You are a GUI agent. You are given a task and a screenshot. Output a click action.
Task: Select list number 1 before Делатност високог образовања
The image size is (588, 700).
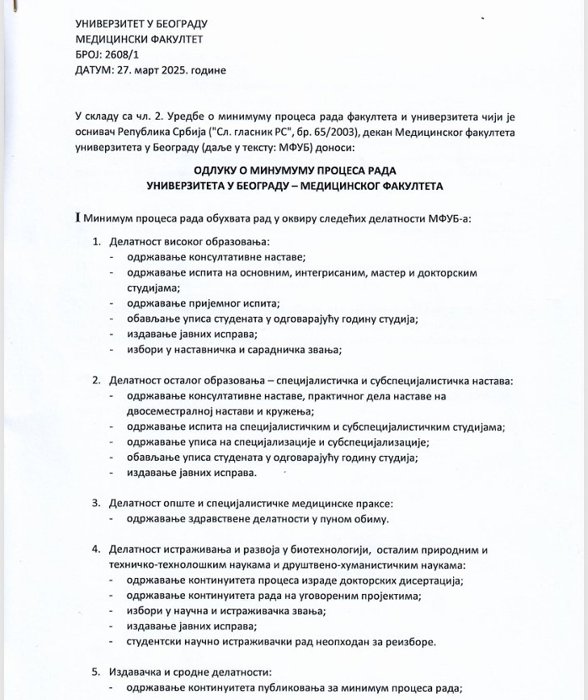[96, 242]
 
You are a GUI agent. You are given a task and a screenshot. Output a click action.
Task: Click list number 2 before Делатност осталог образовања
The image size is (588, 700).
[96, 381]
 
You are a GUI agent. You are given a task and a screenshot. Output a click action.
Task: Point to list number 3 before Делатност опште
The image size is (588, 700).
[96, 504]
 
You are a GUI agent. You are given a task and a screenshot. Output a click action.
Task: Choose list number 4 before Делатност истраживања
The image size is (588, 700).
[96, 550]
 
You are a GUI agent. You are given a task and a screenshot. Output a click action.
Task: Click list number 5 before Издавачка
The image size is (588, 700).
[96, 673]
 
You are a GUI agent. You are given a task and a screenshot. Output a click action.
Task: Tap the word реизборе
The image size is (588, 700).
[409, 642]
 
